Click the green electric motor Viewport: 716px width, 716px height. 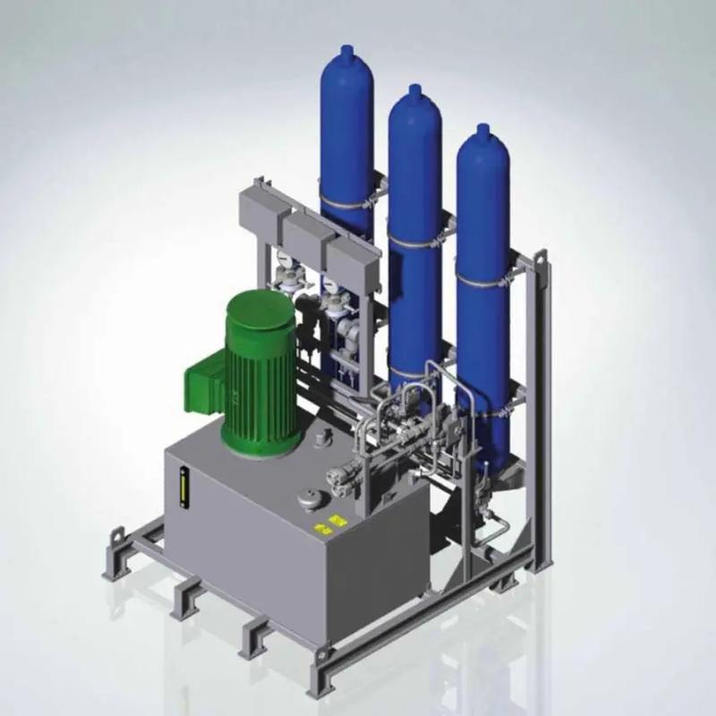click(260, 376)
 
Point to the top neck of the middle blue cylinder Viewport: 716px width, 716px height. click(413, 90)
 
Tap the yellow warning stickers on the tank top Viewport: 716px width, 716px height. click(336, 524)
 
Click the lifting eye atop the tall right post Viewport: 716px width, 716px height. click(541, 260)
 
